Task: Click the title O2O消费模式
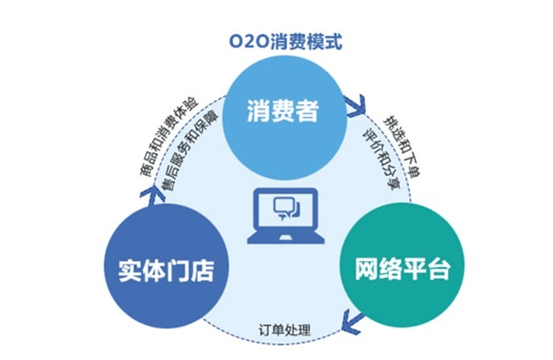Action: pyautogui.click(x=276, y=40)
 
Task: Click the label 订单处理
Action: pyautogui.click(x=285, y=329)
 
